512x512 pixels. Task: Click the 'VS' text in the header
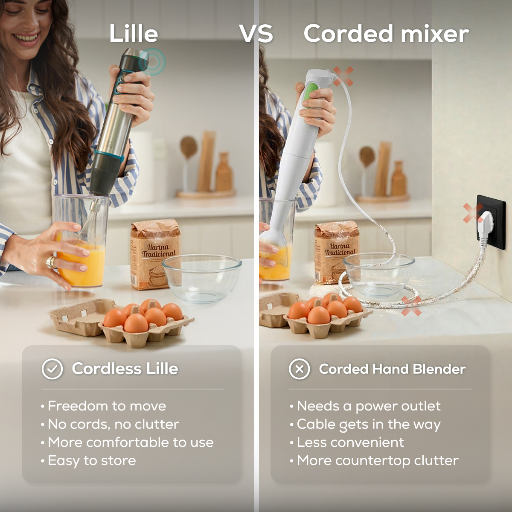[256, 34]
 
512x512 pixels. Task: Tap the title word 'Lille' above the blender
[134, 33]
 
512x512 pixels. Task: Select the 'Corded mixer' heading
[386, 33]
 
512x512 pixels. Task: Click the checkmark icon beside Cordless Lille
[52, 369]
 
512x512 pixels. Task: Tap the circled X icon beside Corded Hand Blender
[300, 369]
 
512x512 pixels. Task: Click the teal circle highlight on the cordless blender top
[152, 62]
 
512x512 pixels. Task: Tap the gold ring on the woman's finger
[51, 262]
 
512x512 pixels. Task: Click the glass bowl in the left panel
[202, 279]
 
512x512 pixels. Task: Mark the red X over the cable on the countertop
[411, 305]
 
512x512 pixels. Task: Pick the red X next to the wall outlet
[473, 213]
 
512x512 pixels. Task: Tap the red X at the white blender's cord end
[343, 76]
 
